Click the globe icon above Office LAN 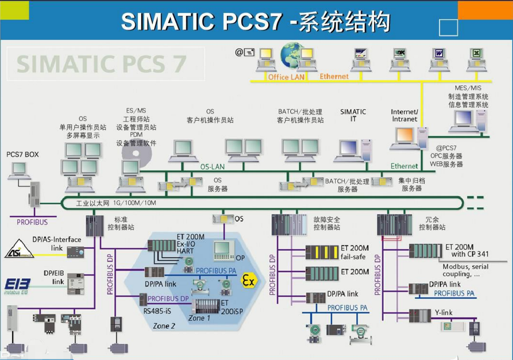(292, 55)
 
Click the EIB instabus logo (17, 285)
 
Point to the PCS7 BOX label (23, 154)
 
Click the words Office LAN (286, 77)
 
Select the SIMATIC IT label (353, 115)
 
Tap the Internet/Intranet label (404, 115)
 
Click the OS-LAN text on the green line (212, 166)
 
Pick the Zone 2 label (164, 326)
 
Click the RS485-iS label (157, 310)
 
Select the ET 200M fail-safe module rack (322, 253)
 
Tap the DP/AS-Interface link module (76, 252)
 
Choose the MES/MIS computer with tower (468, 121)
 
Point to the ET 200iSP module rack (205, 306)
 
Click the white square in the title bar (448, 28)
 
